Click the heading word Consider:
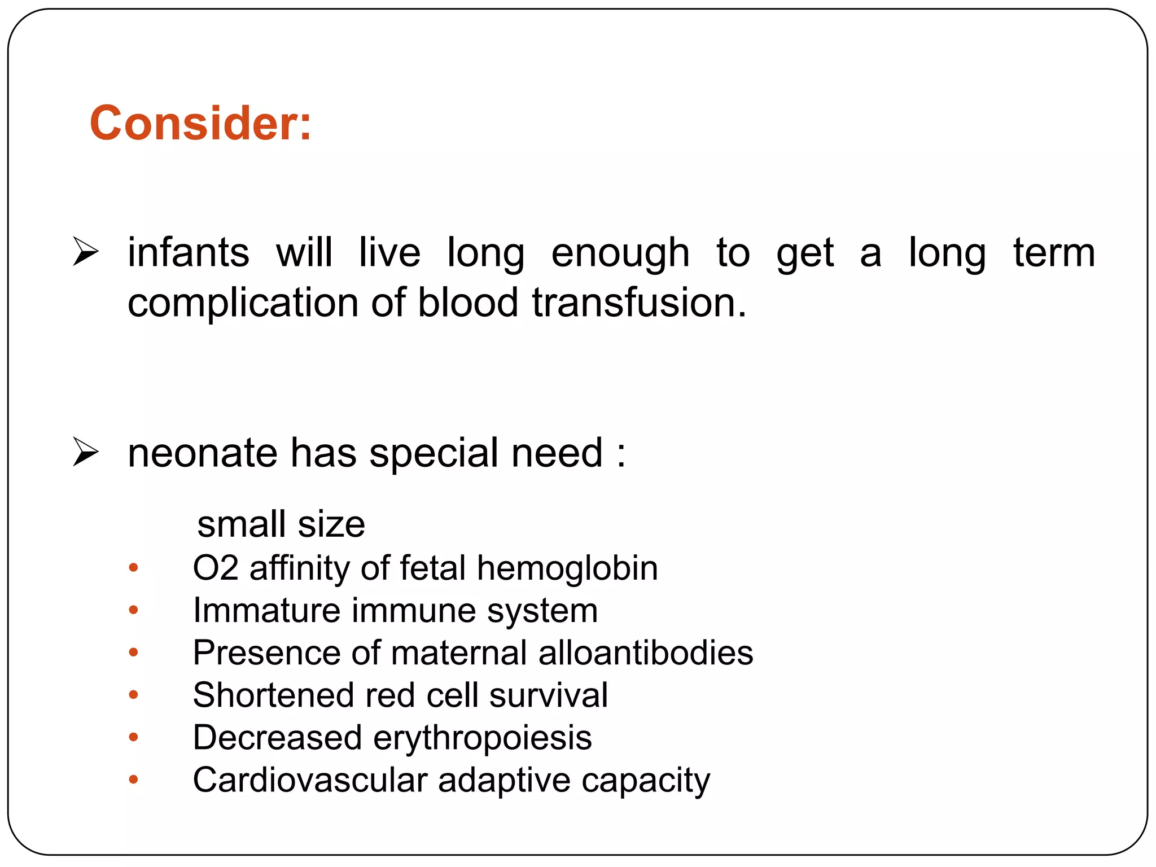(200, 123)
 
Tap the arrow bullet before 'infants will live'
(85, 252)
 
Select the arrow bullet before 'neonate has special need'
(85, 453)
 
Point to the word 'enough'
(620, 254)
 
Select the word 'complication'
(243, 303)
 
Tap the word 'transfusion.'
(639, 303)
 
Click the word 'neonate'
(203, 453)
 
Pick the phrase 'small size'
(281, 524)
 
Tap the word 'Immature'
(266, 610)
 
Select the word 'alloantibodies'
(646, 653)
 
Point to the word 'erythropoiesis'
(482, 738)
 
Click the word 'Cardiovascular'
(309, 780)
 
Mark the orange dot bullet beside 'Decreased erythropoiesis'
(133, 737)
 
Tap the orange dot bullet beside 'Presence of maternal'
(133, 653)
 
